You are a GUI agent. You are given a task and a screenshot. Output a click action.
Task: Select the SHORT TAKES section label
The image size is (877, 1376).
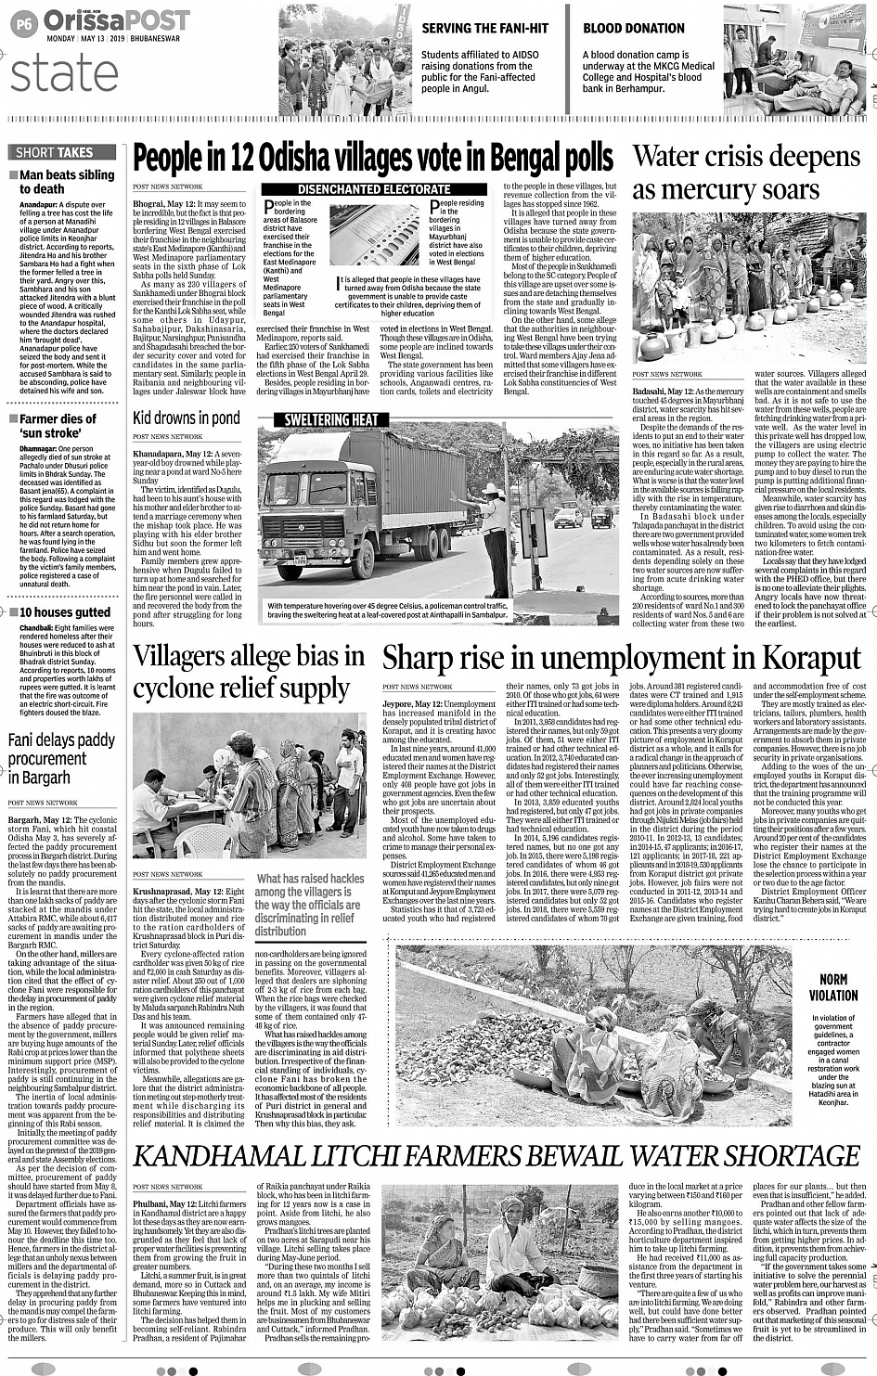[55, 152]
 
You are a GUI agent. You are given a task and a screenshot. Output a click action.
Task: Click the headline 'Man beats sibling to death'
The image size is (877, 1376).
[66, 182]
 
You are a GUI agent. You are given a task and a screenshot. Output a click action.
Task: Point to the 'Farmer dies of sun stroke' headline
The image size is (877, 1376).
[58, 426]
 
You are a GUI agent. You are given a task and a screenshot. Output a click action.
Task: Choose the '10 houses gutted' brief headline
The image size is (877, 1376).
[65, 612]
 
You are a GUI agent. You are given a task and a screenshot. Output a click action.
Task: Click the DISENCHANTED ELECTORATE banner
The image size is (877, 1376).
[374, 188]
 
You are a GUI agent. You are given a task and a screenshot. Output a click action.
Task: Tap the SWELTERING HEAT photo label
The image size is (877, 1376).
[331, 419]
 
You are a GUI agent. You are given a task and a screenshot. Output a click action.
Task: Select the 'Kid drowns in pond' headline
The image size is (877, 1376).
[186, 418]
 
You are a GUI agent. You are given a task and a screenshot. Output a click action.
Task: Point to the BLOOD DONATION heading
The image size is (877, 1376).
[634, 28]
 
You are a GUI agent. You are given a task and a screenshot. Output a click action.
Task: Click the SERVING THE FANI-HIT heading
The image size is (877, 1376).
[484, 28]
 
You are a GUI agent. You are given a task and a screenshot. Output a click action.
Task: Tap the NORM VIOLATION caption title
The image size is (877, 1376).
[832, 987]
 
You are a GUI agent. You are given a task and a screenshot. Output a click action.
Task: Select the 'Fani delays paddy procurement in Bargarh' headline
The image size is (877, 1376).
[61, 758]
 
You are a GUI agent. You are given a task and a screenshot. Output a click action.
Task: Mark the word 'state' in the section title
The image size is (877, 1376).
[64, 73]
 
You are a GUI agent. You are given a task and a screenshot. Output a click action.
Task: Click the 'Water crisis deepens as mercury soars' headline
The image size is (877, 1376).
[746, 173]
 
